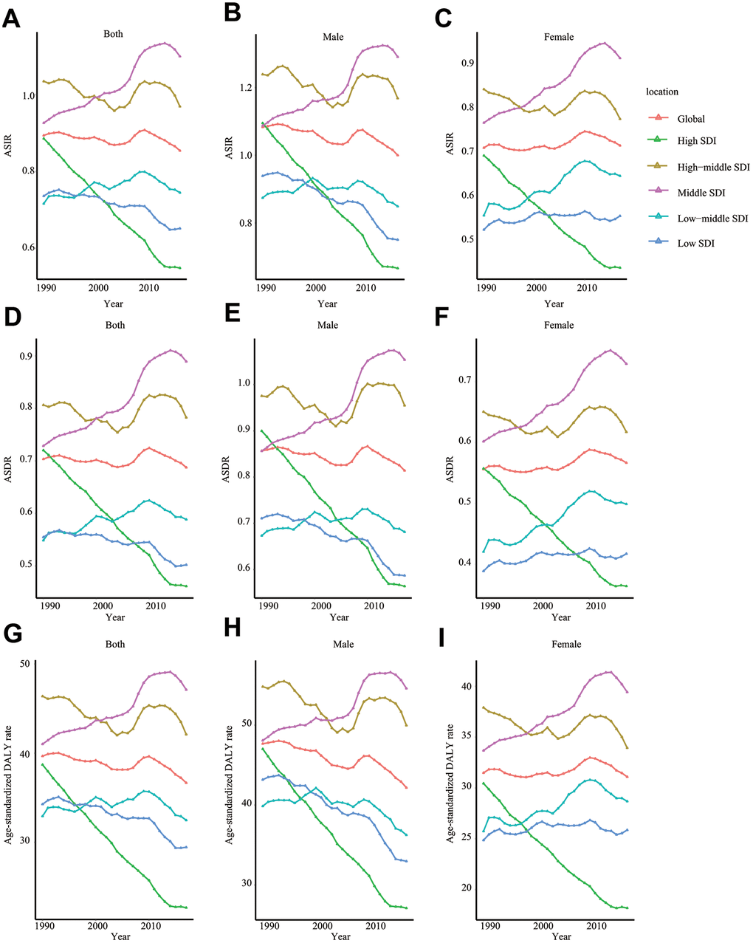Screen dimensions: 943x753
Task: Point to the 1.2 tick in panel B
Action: coord(244,88)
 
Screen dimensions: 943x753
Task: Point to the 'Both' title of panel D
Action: coord(115,325)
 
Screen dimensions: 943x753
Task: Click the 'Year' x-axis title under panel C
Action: coord(554,304)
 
